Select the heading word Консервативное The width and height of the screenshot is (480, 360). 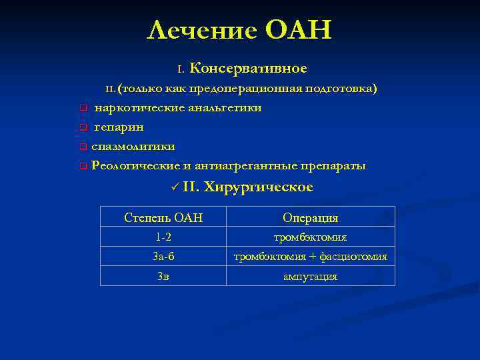[249, 69]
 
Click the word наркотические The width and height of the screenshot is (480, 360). [134, 107]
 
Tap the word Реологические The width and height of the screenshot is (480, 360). [135, 165]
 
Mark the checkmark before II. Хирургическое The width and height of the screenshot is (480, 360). [174, 188]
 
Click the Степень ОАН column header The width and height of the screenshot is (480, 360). [163, 218]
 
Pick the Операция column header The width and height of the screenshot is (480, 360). [310, 218]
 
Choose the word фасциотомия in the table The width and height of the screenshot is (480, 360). [353, 257]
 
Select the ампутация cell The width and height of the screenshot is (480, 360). [310, 276]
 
